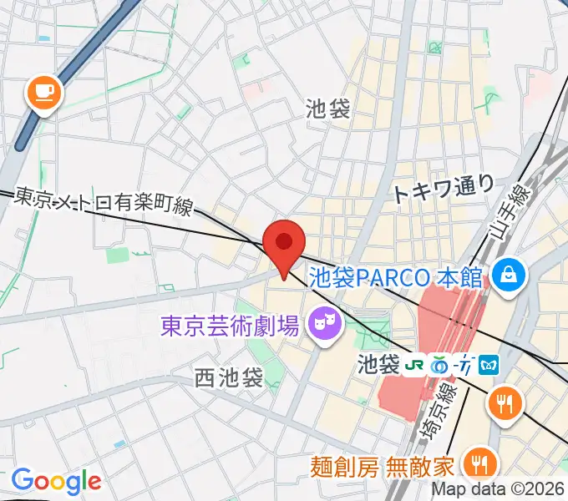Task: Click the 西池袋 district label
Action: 229,377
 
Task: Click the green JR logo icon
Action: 413,365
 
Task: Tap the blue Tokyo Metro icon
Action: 489,365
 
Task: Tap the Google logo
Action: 56,480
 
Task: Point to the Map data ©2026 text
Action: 498,490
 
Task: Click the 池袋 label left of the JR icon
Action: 378,365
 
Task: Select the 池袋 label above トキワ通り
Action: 327,108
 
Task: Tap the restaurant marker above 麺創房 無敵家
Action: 505,403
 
